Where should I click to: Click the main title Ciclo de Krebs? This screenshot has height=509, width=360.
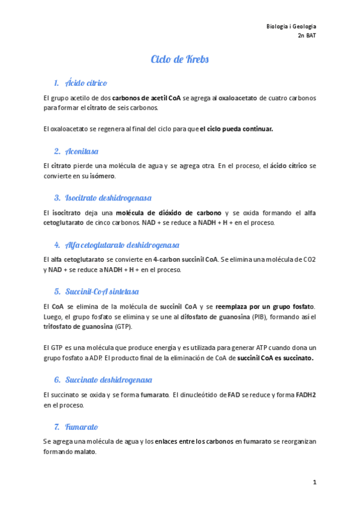pos(179,60)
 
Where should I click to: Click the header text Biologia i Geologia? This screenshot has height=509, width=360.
pos(291,27)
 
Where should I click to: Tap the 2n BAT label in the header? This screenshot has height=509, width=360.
pos(307,36)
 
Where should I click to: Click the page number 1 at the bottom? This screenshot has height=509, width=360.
pos(314,482)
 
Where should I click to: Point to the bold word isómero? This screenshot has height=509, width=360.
pos(101,176)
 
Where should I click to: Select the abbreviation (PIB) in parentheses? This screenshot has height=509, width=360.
pos(259,317)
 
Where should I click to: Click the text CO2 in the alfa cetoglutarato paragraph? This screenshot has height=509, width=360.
pos(308,259)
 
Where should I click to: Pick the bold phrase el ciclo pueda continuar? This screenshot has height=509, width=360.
pos(236,129)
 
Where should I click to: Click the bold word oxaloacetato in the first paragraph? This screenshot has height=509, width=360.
pos(239,97)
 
